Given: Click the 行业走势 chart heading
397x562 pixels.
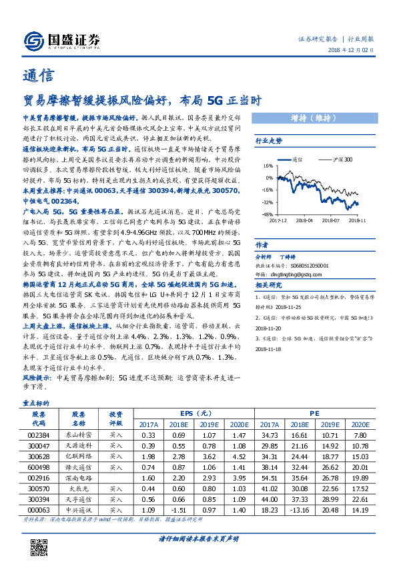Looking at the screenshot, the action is tap(269, 142).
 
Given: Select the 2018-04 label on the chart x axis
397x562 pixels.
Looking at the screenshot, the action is tap(305, 218).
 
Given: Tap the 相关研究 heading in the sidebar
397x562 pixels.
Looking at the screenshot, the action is tap(269, 286).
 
